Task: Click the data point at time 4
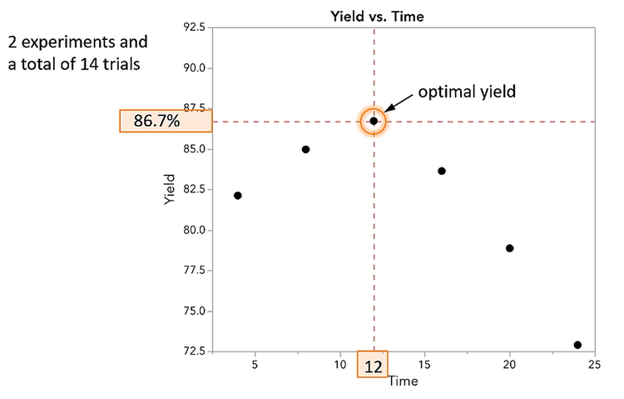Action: [238, 196]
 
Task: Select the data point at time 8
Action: [305, 149]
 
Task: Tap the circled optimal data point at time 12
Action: [374, 121]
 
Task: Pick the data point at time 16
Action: [442, 171]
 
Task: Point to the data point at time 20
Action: [509, 248]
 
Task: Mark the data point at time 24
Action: [577, 345]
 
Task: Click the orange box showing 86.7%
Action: [166, 122]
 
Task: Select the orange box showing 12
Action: [372, 365]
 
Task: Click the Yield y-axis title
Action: [171, 189]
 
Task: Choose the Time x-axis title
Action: [403, 381]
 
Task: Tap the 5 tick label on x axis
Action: [255, 365]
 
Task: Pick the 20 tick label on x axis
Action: [509, 365]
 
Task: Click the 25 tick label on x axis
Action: [594, 365]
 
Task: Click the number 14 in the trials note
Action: [86, 64]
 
